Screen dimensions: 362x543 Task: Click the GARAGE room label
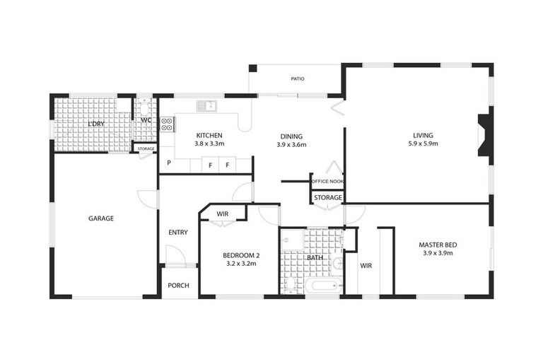101,218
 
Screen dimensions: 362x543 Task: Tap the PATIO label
297,78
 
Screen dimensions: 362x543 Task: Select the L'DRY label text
96,124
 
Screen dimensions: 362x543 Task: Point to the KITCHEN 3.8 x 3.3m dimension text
209,144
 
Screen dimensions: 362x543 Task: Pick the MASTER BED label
438,245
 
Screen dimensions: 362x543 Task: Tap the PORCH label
177,286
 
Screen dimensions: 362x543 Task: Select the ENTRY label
178,233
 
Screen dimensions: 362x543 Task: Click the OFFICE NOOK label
327,182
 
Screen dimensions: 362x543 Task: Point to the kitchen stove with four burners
167,124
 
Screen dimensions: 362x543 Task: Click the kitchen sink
206,106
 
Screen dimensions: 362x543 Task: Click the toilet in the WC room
144,108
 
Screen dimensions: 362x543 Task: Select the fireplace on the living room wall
484,135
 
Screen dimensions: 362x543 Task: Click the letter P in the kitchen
168,164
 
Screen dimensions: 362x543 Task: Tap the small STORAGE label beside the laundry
146,148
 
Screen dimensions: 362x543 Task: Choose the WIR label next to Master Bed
366,266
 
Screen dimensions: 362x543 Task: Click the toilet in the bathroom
291,284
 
